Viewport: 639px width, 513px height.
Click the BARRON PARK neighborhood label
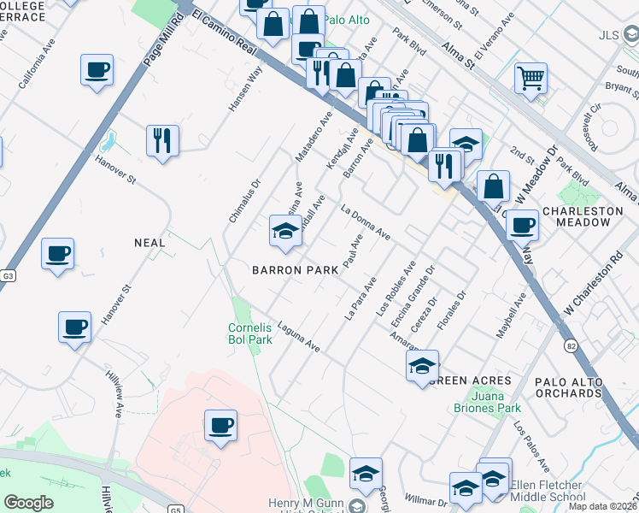pyautogui.click(x=289, y=269)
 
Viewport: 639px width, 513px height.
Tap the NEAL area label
pyautogui.click(x=149, y=243)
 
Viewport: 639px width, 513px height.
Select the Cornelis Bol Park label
pyautogui.click(x=250, y=333)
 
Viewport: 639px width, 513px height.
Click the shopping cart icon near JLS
pyautogui.click(x=531, y=80)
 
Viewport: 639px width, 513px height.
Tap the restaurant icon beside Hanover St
pyautogui.click(x=162, y=140)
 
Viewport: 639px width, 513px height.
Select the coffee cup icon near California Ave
pyautogui.click(x=97, y=69)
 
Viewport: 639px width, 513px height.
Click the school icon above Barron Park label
pyautogui.click(x=285, y=229)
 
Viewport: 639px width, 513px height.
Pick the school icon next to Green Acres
pyautogui.click(x=422, y=366)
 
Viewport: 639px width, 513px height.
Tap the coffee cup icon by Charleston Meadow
pyautogui.click(x=521, y=225)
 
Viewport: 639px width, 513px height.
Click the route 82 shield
pyautogui.click(x=571, y=344)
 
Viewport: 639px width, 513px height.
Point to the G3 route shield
pyautogui.click(x=9, y=276)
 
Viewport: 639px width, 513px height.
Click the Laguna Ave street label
pyautogui.click(x=299, y=343)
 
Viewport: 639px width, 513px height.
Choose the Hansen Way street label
pyautogui.click(x=242, y=89)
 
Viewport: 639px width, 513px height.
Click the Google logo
pyautogui.click(x=28, y=504)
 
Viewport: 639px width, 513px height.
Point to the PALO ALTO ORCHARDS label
pyautogui.click(x=580, y=386)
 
